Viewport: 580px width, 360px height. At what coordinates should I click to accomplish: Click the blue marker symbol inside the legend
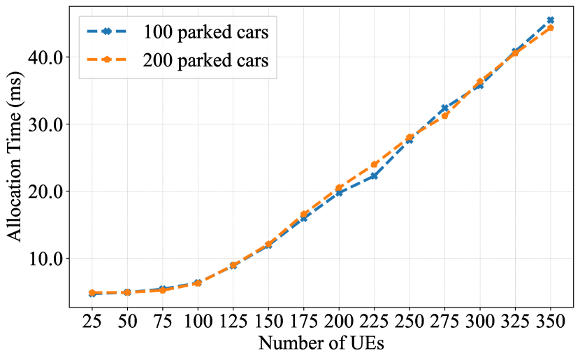106,31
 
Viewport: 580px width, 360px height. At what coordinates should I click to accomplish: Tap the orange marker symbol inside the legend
106,60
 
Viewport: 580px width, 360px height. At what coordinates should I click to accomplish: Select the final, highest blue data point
551,20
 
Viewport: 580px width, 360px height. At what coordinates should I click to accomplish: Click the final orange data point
551,28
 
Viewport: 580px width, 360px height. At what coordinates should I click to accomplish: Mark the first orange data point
92,292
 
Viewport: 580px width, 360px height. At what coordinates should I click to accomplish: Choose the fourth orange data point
198,282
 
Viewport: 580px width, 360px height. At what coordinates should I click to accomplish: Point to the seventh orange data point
304,214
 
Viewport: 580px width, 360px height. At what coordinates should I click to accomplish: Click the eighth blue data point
339,193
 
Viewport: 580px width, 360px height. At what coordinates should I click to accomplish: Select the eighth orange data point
339,187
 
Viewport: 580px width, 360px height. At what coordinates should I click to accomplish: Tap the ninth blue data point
375,176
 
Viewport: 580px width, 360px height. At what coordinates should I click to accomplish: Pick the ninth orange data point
375,164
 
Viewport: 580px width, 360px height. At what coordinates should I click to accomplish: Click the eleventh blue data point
444,108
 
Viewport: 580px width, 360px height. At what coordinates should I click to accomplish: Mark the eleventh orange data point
444,115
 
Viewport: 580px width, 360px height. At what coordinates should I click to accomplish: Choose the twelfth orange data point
480,82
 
